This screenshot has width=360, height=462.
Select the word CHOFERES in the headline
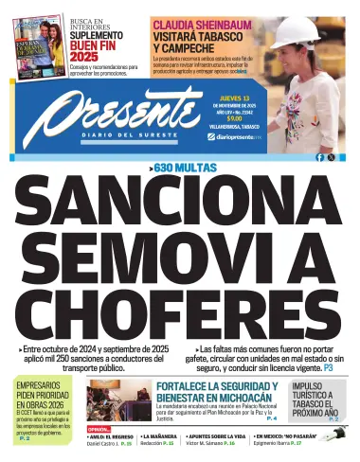[180, 317]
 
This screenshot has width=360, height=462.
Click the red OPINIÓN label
[99, 429]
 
